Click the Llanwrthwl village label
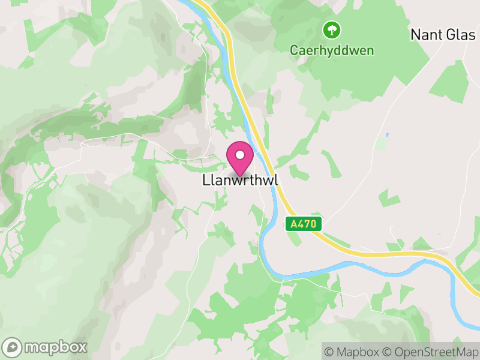click(x=241, y=180)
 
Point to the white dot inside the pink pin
click(x=240, y=155)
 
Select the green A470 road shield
click(x=304, y=224)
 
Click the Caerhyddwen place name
click(x=332, y=50)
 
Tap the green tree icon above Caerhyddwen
click(x=331, y=29)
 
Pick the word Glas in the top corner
click(x=461, y=35)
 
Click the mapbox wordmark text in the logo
click(x=56, y=347)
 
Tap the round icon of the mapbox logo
click(x=13, y=347)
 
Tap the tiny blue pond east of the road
click(x=387, y=134)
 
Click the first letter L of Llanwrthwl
click(x=205, y=180)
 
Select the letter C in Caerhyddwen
click(x=294, y=50)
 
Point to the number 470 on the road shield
click(x=308, y=224)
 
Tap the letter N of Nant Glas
click(x=415, y=35)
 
